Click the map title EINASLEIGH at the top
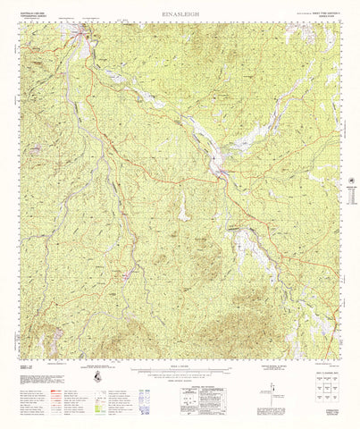click(180, 14)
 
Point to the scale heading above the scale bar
click(180, 366)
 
